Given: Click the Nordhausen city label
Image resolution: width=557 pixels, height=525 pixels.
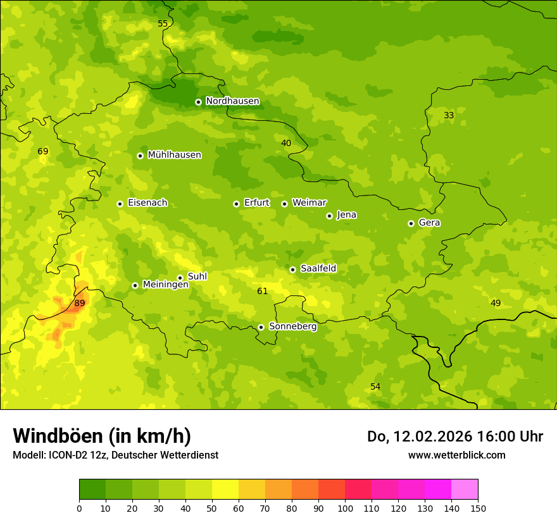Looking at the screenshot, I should click(x=232, y=101).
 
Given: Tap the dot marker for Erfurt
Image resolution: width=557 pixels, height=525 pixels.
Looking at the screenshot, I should click(x=236, y=204).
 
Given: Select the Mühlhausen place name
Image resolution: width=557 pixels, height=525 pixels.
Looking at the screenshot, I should click(x=174, y=155).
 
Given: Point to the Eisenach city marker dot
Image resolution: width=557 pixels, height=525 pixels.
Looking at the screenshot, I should click(x=120, y=204).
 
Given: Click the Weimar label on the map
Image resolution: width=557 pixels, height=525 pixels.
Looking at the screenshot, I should click(x=309, y=203).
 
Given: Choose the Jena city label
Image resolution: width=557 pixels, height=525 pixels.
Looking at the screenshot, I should click(x=346, y=215).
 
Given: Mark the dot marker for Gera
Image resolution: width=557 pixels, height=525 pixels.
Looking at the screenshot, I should click(x=411, y=223).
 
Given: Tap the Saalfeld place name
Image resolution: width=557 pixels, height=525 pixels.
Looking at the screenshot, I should click(x=318, y=269).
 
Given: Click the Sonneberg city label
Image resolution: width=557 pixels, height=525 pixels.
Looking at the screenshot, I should click(x=292, y=327).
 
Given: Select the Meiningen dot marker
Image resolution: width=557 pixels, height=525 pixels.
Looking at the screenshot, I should click(x=135, y=285).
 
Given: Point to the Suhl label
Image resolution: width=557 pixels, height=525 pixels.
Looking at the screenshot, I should click(x=197, y=276).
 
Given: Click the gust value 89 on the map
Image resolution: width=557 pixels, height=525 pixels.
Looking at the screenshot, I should click(x=79, y=304).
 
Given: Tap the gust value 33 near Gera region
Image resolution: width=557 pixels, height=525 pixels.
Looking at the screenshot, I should click(x=449, y=116).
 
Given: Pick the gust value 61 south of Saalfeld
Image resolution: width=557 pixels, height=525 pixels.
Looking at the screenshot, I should click(x=262, y=292).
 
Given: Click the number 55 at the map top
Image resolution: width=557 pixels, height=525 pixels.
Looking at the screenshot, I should click(x=163, y=24).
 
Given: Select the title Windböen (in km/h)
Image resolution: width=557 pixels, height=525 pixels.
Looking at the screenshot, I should click(x=102, y=436).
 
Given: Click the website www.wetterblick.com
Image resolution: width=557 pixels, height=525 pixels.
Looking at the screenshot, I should click(x=456, y=455).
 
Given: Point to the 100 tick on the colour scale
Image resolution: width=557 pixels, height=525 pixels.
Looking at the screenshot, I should click(x=345, y=508).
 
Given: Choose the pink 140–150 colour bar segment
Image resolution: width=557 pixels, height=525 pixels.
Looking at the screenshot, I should click(x=465, y=490).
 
